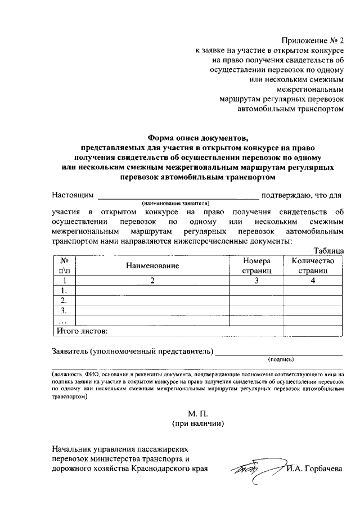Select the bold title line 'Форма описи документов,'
point(197,137)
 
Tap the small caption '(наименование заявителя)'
point(175,203)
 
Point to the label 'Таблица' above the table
point(328,250)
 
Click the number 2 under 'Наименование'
point(152,280)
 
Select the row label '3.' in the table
point(64,310)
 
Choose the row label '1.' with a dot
point(64,290)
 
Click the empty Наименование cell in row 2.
point(152,300)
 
